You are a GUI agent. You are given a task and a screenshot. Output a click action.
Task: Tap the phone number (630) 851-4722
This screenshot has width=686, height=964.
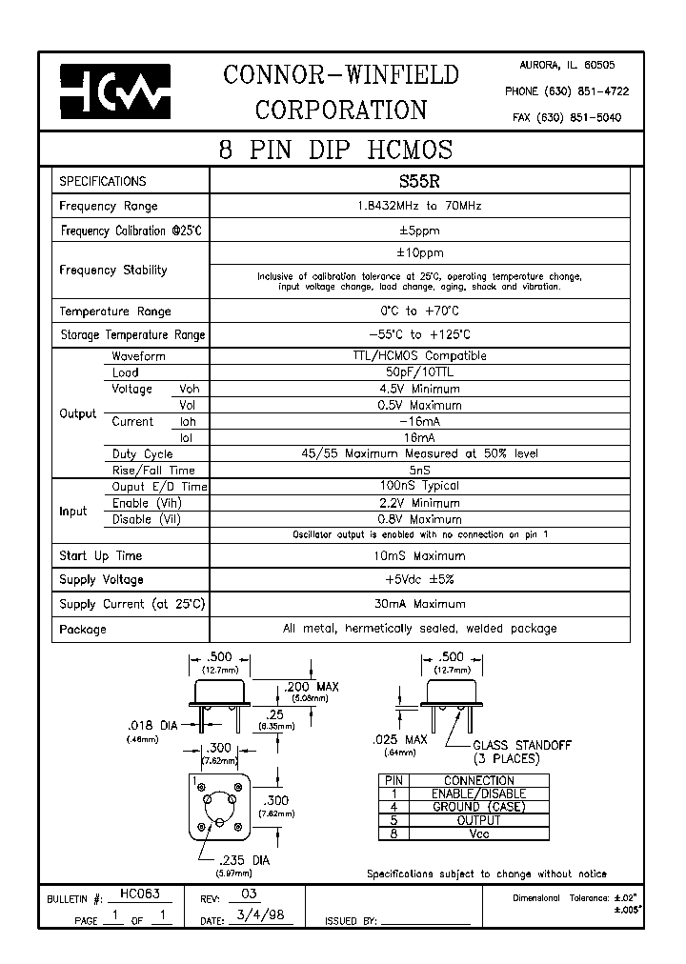566,91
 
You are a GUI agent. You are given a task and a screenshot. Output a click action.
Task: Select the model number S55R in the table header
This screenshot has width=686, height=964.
418,181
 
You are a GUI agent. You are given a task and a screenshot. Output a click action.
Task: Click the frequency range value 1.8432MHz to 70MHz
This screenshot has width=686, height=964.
418,206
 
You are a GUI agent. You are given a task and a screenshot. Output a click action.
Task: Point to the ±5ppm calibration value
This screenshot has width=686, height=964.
418,231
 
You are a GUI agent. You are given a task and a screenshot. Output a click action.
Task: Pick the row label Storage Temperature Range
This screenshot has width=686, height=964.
132,335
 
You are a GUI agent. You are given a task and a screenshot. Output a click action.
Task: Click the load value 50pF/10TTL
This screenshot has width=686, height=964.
418,372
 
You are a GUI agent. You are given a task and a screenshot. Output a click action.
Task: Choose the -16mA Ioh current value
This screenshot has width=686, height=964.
418,421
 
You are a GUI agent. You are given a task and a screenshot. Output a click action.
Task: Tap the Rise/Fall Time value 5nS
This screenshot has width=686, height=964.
418,470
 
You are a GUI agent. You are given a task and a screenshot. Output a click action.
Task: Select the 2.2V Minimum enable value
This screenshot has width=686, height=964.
418,503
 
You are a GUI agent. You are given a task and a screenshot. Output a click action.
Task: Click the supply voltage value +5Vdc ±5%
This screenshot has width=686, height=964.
418,579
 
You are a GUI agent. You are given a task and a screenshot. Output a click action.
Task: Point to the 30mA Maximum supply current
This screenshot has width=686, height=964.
418,604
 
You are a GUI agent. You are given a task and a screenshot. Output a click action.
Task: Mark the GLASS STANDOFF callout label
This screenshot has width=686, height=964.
521,746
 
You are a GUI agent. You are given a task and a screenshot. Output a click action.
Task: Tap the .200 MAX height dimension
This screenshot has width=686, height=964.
312,687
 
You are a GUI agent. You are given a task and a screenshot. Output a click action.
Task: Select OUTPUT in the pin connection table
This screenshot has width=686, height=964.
478,820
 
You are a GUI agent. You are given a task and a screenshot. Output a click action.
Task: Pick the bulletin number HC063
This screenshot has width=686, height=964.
139,894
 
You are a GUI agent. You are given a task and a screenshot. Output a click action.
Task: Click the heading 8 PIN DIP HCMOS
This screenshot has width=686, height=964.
335,150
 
